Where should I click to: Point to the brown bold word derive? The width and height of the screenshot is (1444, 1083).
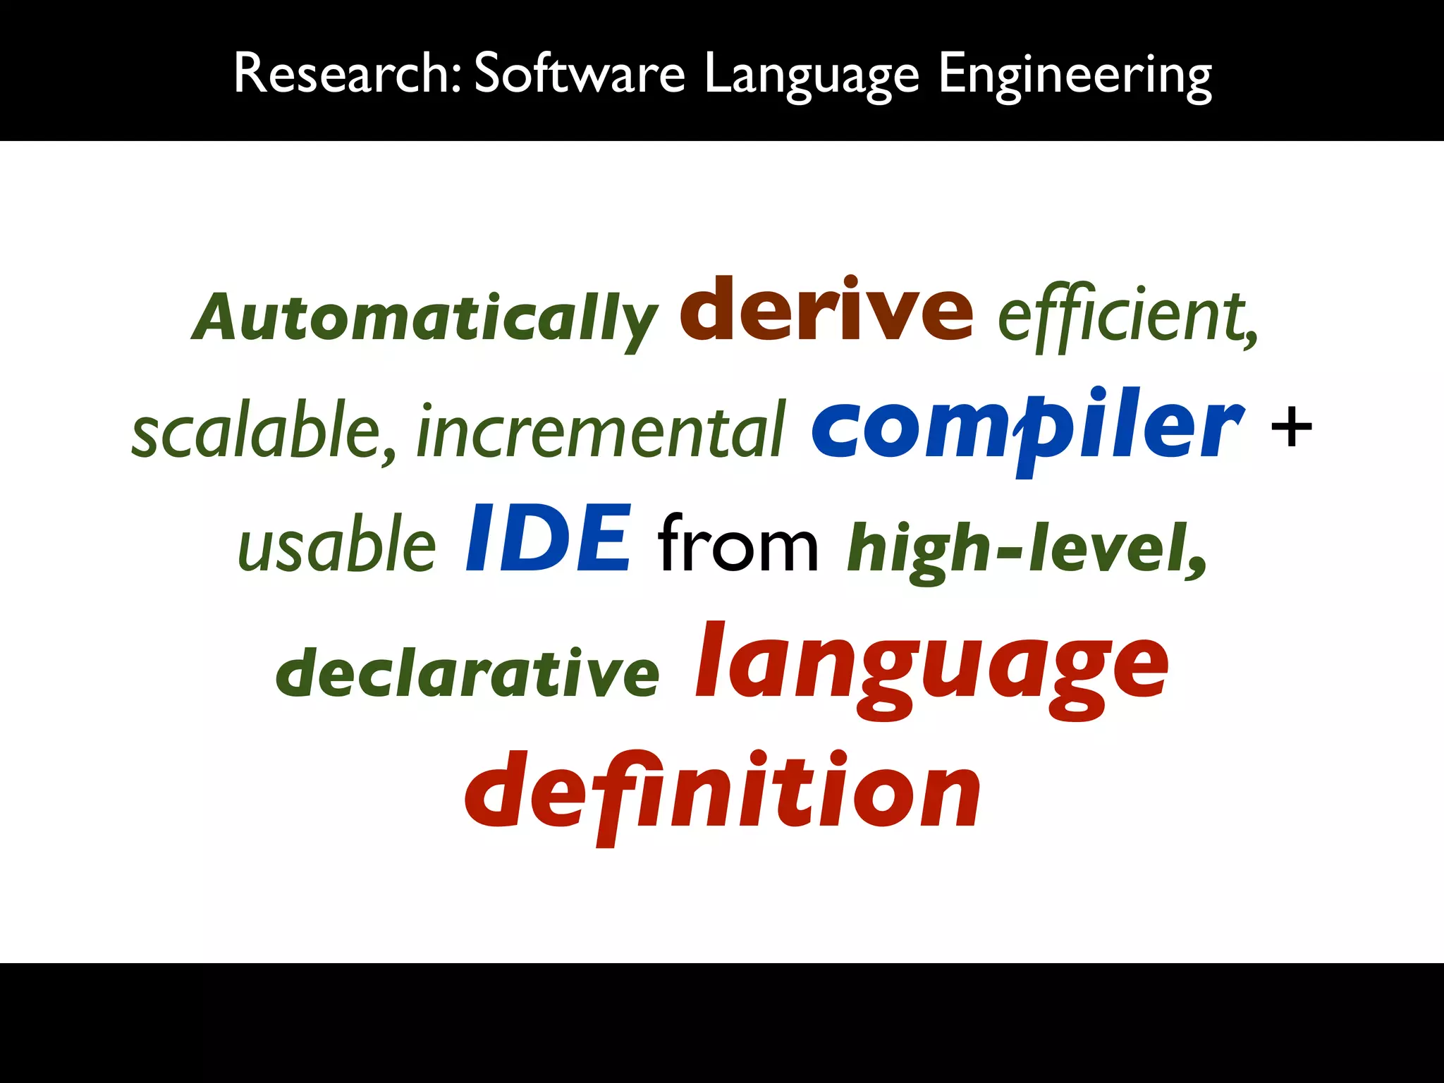click(x=826, y=310)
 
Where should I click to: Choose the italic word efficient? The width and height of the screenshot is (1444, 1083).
click(x=1121, y=317)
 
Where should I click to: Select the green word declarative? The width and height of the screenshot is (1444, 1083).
click(x=467, y=673)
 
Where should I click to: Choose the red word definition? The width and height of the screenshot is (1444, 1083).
click(x=722, y=793)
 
